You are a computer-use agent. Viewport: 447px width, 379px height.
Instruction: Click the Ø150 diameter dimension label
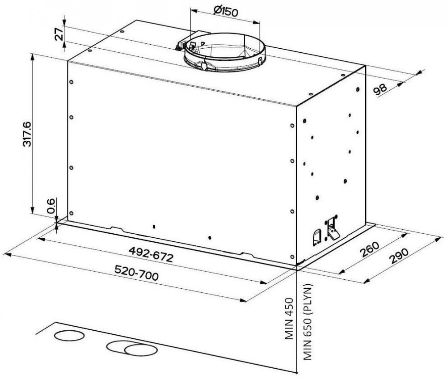pyautogui.click(x=225, y=11)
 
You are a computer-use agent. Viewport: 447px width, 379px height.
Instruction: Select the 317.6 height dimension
pyautogui.click(x=27, y=134)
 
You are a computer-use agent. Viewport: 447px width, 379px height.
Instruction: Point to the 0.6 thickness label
pyautogui.click(x=51, y=206)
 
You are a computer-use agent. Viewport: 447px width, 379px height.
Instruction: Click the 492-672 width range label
pyautogui.click(x=151, y=254)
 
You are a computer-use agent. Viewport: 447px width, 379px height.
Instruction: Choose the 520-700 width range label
pyautogui.click(x=136, y=273)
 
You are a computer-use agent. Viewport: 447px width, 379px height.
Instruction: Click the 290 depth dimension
pyautogui.click(x=399, y=256)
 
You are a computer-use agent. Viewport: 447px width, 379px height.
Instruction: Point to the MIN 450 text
pyautogui.click(x=289, y=318)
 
